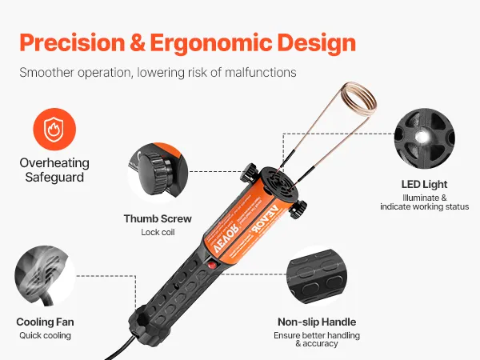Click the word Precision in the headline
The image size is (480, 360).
click(72, 42)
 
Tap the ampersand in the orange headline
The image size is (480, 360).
click(138, 42)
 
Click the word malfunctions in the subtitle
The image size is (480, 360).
click(261, 73)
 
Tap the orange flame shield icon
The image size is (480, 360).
click(54, 129)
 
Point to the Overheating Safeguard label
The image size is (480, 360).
click(54, 170)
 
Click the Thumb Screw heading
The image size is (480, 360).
click(158, 218)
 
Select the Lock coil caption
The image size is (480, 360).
click(158, 232)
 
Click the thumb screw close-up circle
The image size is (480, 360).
click(158, 173)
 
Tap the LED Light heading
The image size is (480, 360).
click(424, 184)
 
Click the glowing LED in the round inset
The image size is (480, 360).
click(422, 137)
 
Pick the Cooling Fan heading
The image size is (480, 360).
click(45, 322)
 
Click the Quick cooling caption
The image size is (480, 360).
click(45, 335)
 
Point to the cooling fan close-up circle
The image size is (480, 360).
click(45, 275)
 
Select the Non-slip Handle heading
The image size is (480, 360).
click(317, 322)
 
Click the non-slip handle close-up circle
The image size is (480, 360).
click(317, 275)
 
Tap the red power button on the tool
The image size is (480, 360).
click(211, 265)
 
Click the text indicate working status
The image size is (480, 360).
click(424, 206)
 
